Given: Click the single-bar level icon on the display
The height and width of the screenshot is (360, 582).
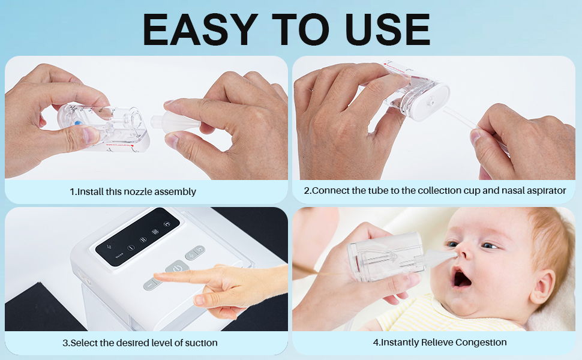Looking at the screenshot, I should tap(130, 247).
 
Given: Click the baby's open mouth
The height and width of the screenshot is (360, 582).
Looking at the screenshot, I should tap(462, 278).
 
